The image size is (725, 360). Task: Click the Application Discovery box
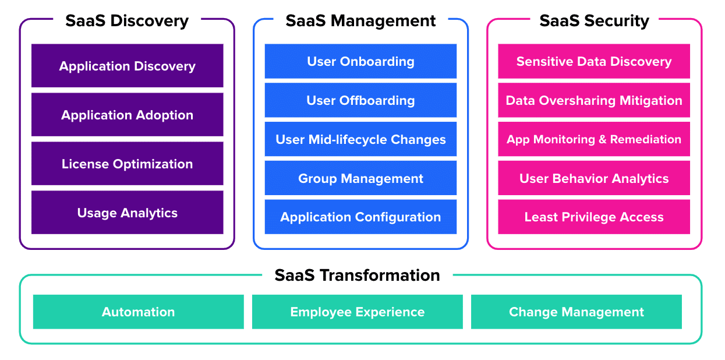click(x=127, y=66)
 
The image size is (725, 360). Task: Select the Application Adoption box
click(x=127, y=115)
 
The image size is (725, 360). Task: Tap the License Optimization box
click(x=127, y=164)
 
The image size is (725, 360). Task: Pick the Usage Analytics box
click(x=127, y=213)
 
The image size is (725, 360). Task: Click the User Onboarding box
click(x=360, y=61)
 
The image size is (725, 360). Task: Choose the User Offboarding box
click(x=360, y=100)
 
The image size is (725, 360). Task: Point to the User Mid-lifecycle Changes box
click(x=360, y=139)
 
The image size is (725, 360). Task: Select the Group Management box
click(x=360, y=178)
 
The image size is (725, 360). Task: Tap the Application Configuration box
click(x=360, y=217)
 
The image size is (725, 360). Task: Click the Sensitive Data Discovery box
click(x=594, y=61)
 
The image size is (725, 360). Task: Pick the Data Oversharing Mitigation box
click(x=594, y=100)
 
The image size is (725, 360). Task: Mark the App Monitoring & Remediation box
click(x=594, y=139)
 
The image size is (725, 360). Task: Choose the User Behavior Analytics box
click(x=594, y=178)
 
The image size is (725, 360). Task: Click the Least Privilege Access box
click(x=594, y=217)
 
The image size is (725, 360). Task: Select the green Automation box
click(x=138, y=312)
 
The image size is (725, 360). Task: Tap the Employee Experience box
click(x=358, y=312)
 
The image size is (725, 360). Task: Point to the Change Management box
click(x=577, y=312)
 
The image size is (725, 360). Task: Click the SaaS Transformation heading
click(x=358, y=275)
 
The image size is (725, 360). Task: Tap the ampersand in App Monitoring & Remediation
click(x=603, y=139)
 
